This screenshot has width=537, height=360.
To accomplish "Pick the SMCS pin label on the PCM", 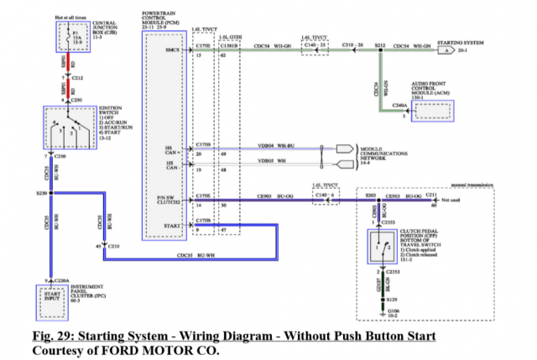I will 174,50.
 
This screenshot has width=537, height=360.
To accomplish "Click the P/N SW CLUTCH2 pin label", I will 172,200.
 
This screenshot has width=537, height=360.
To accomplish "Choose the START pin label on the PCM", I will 173,225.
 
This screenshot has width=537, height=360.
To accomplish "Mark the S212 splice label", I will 379,44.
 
